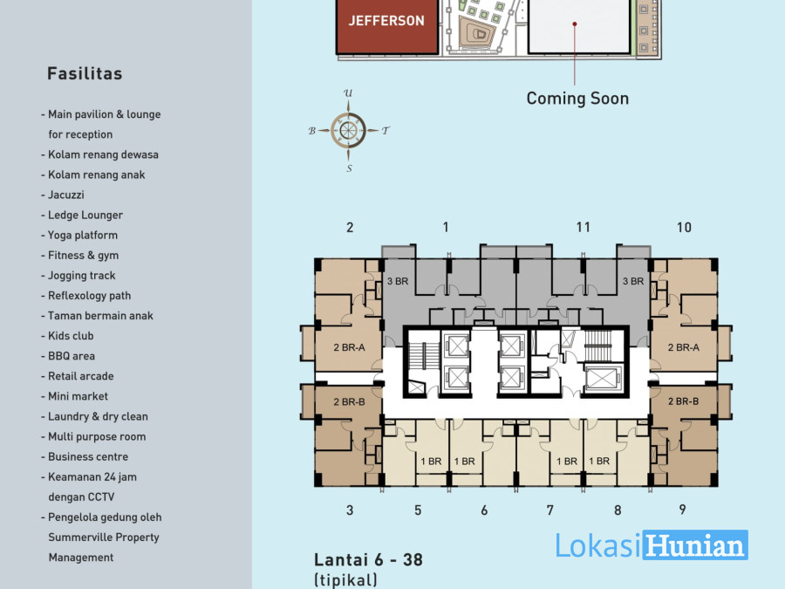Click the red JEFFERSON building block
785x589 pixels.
click(387, 26)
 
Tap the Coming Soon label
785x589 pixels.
click(577, 98)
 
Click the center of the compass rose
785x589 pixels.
click(348, 130)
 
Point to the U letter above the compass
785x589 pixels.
click(348, 93)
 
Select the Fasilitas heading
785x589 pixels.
click(85, 73)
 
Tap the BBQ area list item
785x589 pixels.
click(68, 356)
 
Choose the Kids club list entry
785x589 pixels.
click(67, 336)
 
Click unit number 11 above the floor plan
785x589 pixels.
click(584, 228)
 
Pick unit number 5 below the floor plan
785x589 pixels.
click(418, 510)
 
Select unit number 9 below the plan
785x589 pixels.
click(682, 510)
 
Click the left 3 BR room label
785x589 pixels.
click(398, 282)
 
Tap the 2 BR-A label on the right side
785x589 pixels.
click(683, 347)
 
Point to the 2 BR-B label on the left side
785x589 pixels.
click(350, 401)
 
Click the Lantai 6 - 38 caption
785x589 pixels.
click(368, 559)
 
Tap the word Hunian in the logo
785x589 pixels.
click(695, 544)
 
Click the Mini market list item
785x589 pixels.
click(75, 396)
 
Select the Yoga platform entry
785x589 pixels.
click(79, 235)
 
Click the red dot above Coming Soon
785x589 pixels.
click(575, 24)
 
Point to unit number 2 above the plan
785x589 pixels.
click(350, 228)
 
